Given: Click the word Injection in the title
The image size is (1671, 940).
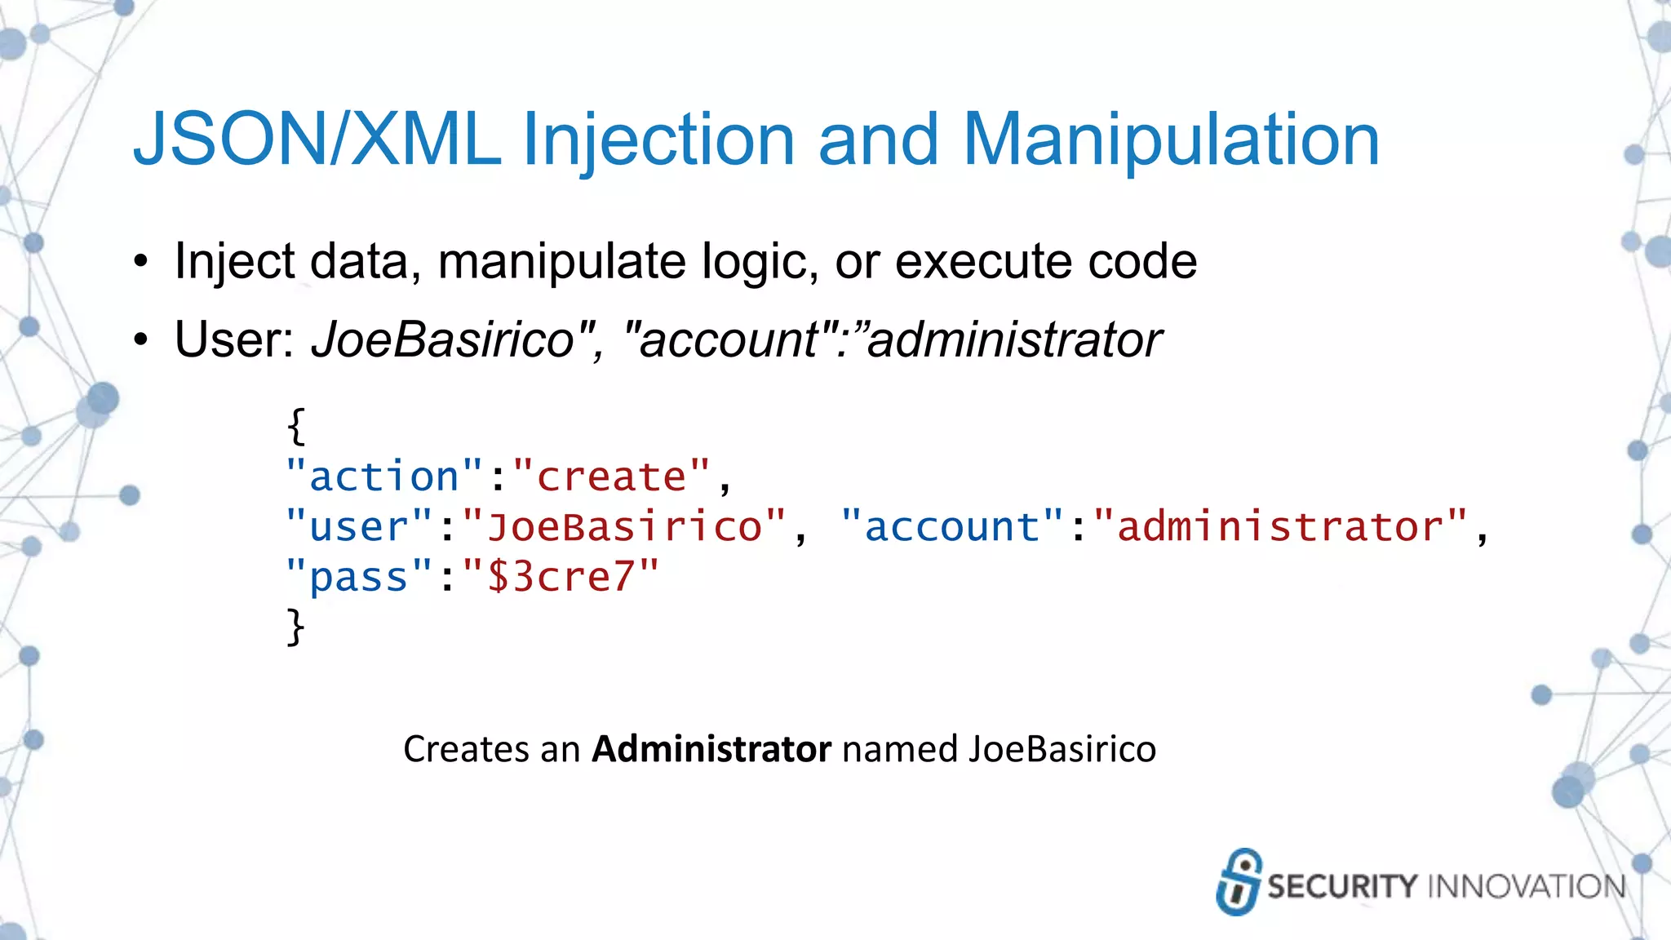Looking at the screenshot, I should [658, 140].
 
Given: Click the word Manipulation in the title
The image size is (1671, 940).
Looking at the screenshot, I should [1171, 140].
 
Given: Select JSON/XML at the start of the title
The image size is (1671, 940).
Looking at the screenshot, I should [317, 140].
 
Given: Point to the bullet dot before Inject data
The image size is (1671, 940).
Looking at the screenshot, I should [141, 263].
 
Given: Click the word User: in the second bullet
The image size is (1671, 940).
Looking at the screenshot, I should [236, 339].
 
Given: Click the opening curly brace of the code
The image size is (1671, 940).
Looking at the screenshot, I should [296, 426].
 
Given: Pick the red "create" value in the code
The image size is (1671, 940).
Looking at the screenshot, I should [612, 476].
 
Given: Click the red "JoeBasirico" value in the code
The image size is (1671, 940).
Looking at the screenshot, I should [624, 526].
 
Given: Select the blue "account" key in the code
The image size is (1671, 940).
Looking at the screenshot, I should [952, 526].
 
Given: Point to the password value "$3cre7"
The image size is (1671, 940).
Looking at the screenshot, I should [561, 576].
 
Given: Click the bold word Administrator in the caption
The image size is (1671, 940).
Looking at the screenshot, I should [711, 749].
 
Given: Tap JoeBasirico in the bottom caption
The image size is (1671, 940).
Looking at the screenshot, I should [1062, 749].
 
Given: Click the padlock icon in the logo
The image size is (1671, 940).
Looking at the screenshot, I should [1239, 882].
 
